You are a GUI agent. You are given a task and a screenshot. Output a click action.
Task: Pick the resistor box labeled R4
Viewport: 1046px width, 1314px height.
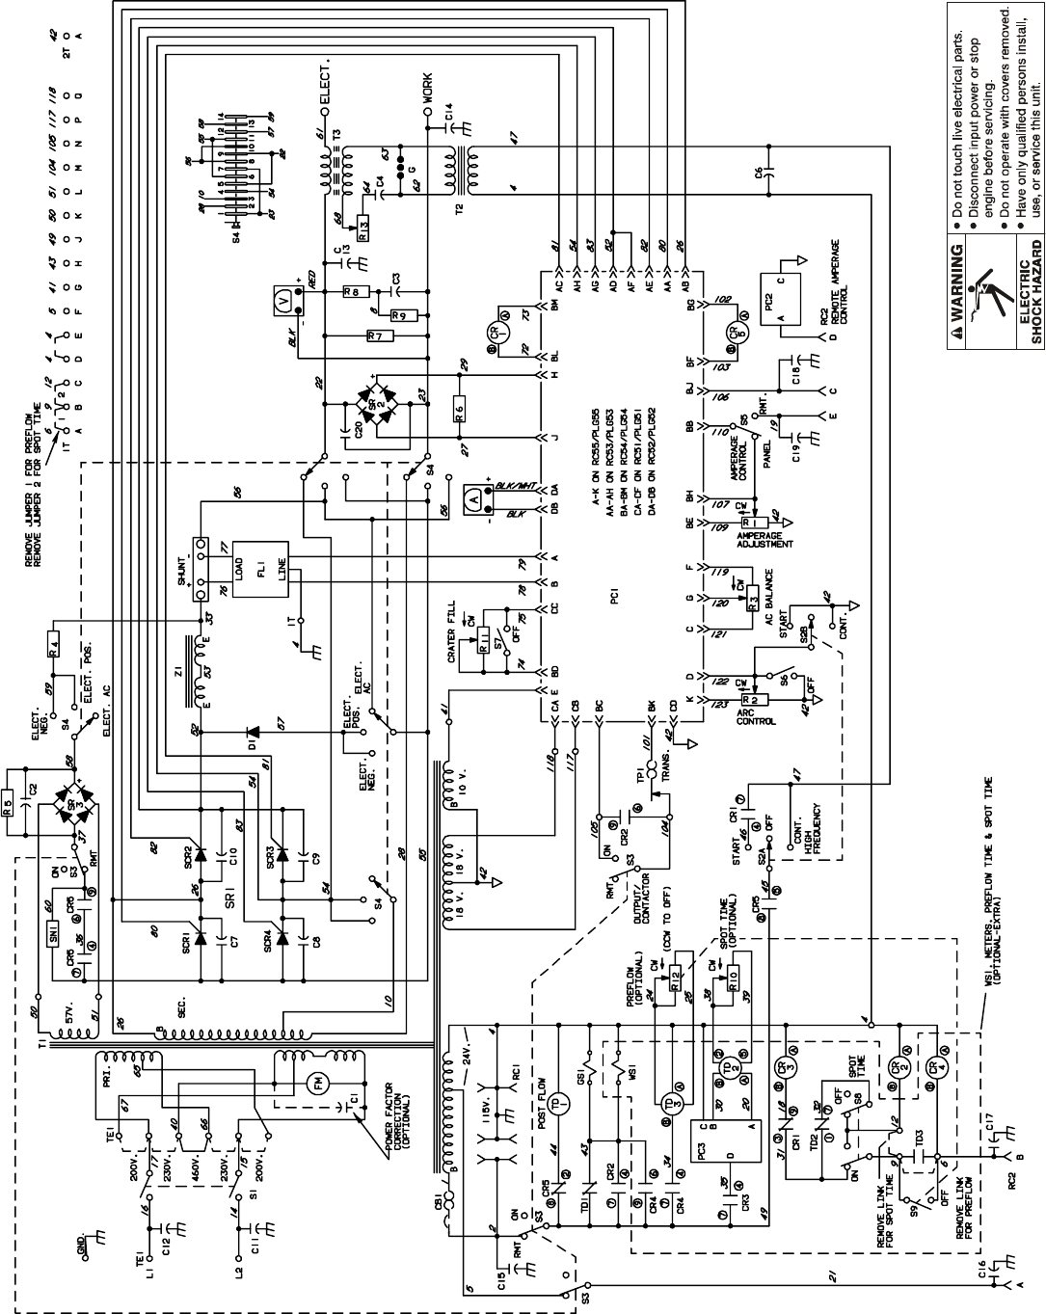pyautogui.click(x=53, y=643)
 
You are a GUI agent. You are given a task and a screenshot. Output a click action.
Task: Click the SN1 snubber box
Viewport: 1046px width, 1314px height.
pyautogui.click(x=54, y=935)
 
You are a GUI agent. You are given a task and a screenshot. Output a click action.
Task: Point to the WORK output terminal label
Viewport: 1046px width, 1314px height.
pyautogui.click(x=427, y=88)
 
